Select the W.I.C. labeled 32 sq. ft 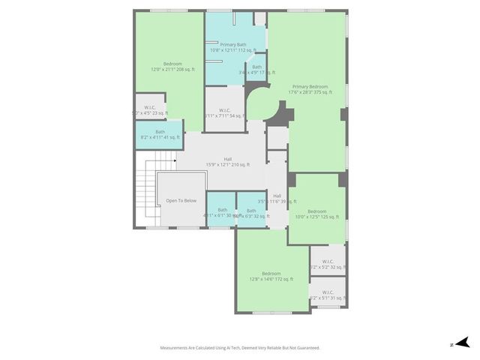tap(328, 263)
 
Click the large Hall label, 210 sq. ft tap(227, 161)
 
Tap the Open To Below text tap(181, 200)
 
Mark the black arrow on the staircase tap(174, 160)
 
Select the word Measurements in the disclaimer tap(178, 348)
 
